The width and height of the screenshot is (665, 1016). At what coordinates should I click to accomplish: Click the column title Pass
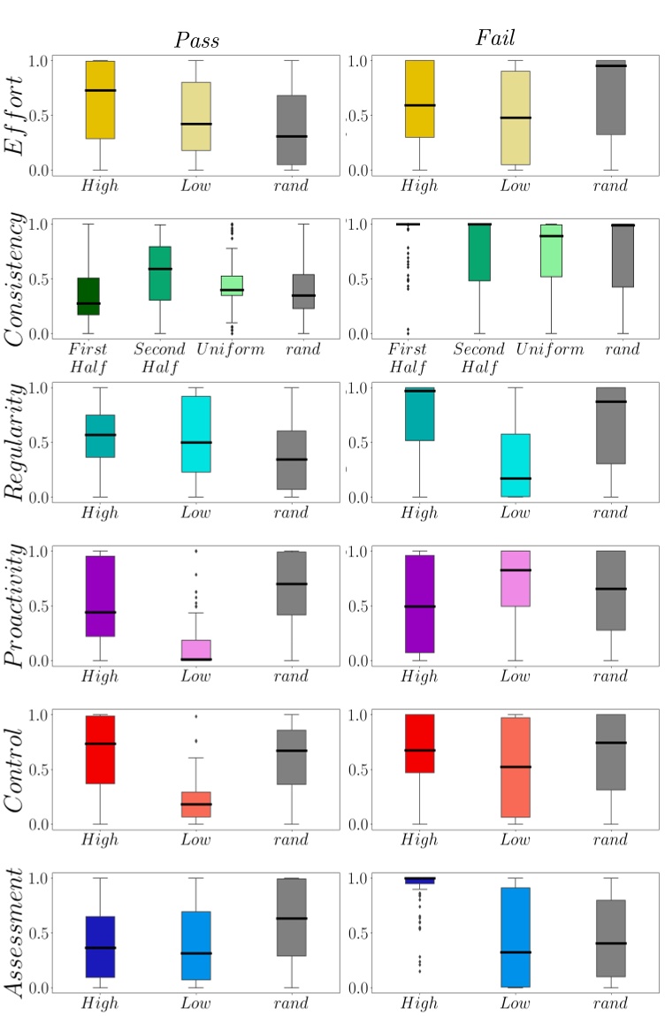pyautogui.click(x=195, y=41)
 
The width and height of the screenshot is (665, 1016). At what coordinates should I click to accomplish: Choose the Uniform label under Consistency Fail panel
pyautogui.click(x=551, y=349)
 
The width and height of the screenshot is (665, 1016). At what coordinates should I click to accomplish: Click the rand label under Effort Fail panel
pyautogui.click(x=610, y=186)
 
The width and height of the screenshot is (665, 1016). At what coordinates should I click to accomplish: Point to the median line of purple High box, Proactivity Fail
pyautogui.click(x=419, y=607)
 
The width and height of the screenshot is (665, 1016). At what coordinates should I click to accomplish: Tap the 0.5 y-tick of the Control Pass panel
pyautogui.click(x=36, y=770)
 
